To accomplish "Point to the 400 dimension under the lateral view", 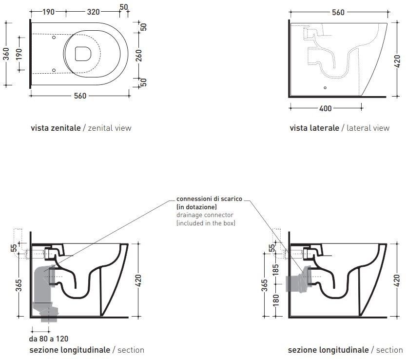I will [x=325, y=108].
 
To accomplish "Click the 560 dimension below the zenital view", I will [x=80, y=96].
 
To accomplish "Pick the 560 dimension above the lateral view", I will [x=338, y=13].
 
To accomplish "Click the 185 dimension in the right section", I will [x=276, y=270].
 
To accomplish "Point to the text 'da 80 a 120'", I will [x=49, y=339].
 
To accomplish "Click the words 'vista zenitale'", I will [x=56, y=128].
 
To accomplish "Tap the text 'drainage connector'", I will [x=205, y=215].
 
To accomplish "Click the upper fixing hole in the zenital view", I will [x=54, y=38].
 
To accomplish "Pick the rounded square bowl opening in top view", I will [x=83, y=54].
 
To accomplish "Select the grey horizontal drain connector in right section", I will [x=299, y=281].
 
